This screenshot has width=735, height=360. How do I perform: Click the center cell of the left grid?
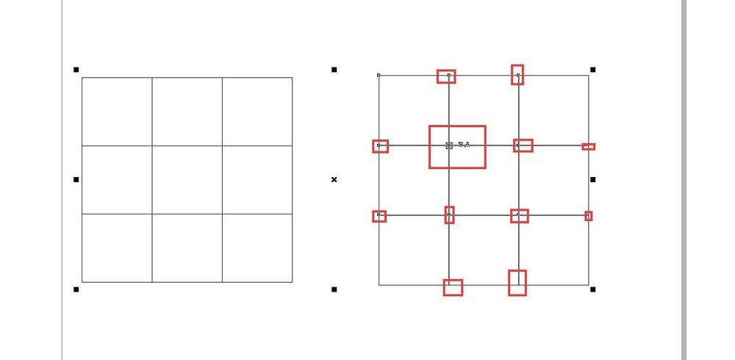point(187,180)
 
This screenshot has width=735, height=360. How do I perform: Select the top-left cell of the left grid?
point(117,112)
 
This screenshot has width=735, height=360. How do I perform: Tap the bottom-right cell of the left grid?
point(257,248)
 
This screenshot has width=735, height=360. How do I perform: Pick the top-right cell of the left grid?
point(257,112)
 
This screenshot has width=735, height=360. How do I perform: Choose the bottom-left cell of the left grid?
point(117,248)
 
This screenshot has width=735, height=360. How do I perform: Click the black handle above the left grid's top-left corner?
point(76,70)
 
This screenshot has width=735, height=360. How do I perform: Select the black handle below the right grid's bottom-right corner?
point(593,289)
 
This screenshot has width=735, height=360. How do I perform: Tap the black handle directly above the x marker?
point(334,70)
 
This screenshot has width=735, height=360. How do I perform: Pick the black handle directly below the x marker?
point(334,289)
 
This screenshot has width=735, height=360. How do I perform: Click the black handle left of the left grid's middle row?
point(76,179)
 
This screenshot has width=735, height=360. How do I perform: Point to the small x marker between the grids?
point(334,179)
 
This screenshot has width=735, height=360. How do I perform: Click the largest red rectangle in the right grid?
point(457,147)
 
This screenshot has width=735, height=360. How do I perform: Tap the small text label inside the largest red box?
point(464,145)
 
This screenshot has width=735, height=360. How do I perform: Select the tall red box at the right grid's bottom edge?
point(517,283)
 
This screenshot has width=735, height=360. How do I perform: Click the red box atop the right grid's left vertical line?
point(446,76)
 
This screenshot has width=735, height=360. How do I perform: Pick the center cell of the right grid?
point(484,180)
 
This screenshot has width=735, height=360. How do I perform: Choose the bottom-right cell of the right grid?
point(553,250)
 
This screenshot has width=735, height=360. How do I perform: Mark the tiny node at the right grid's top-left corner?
point(379,75)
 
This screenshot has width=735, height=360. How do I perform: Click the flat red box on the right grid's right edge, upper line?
point(589,147)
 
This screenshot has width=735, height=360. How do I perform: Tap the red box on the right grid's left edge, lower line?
point(379,216)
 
